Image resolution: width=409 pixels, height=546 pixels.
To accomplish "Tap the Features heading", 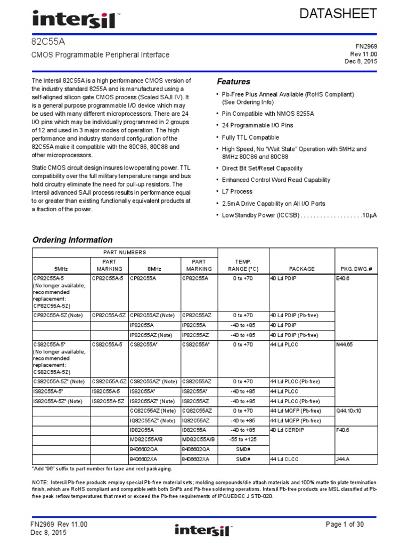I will [233, 82].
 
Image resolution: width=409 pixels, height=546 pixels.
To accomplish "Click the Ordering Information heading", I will [72, 240].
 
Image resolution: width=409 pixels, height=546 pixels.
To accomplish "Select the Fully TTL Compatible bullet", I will [250, 138].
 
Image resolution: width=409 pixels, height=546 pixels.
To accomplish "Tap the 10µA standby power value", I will [369, 215].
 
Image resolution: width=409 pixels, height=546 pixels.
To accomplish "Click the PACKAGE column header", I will [301, 269].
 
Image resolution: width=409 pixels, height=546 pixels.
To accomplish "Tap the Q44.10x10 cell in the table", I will [348, 411].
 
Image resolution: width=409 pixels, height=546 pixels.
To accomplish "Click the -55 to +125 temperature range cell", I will [242, 439].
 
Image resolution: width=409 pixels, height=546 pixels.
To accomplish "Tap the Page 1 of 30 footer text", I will [345, 525].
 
